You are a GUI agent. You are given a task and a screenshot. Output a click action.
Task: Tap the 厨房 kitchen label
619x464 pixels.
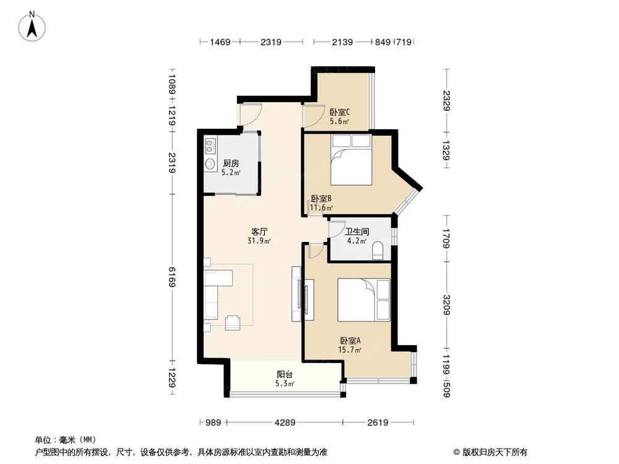pyautogui.click(x=231, y=163)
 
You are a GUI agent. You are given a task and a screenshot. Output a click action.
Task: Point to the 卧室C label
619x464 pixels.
pyautogui.click(x=339, y=113)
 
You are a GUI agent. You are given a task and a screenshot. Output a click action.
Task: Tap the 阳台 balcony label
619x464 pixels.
pyautogui.click(x=285, y=374)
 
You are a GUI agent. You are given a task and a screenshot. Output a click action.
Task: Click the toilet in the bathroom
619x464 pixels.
pyautogui.click(x=378, y=251)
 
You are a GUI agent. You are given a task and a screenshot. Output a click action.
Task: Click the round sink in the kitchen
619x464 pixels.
pyautogui.click(x=210, y=164)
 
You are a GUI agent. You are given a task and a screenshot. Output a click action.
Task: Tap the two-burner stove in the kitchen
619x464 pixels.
pyautogui.click(x=210, y=146)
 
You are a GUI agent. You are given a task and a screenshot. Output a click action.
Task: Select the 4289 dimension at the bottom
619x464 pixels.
pyautogui.click(x=284, y=423)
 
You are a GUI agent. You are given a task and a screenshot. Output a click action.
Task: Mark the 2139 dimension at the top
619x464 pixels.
pyautogui.click(x=342, y=43)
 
